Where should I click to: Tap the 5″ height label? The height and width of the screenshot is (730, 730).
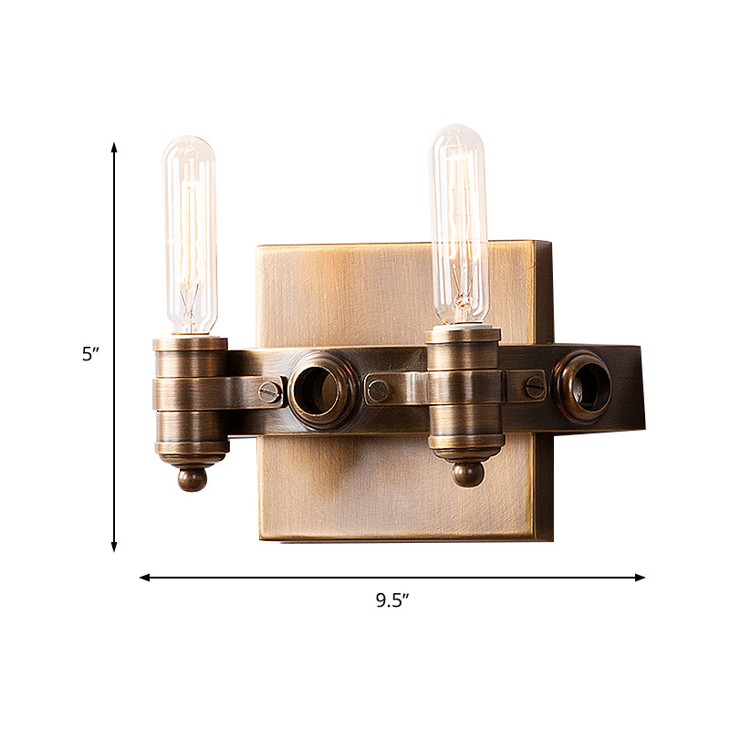pos(89,355)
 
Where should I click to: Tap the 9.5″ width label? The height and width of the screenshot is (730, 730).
pos(392,600)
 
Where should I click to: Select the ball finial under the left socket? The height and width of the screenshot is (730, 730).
pos(192,479)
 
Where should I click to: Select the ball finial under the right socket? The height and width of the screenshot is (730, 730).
pos(467,474)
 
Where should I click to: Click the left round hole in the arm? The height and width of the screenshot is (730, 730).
pos(323,391)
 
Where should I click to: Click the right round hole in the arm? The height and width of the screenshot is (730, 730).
pos(583,385)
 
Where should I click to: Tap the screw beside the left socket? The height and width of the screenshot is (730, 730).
pos(269,392)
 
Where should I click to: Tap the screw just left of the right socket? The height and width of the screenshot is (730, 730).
pos(378,391)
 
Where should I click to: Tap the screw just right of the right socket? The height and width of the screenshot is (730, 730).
pos(535,386)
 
